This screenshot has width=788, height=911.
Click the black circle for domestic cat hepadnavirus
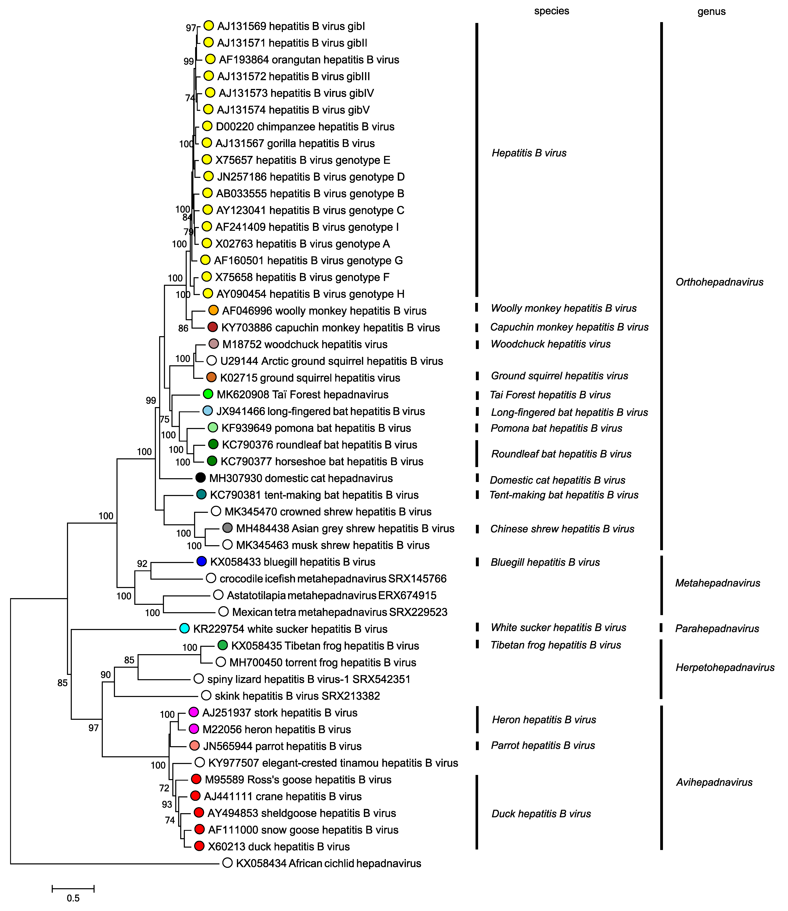point(201,478)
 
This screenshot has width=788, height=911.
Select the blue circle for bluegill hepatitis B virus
point(201,561)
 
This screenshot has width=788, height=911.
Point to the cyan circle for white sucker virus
point(185,628)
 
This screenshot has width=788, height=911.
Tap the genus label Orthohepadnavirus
point(719,282)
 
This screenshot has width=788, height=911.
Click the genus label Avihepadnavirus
point(714,782)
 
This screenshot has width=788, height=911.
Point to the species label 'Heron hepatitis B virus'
point(544,720)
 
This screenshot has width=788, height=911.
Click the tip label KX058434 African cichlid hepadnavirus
point(329,863)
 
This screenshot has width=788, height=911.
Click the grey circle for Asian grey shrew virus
point(227,528)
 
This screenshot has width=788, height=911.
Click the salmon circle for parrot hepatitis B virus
point(194,746)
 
